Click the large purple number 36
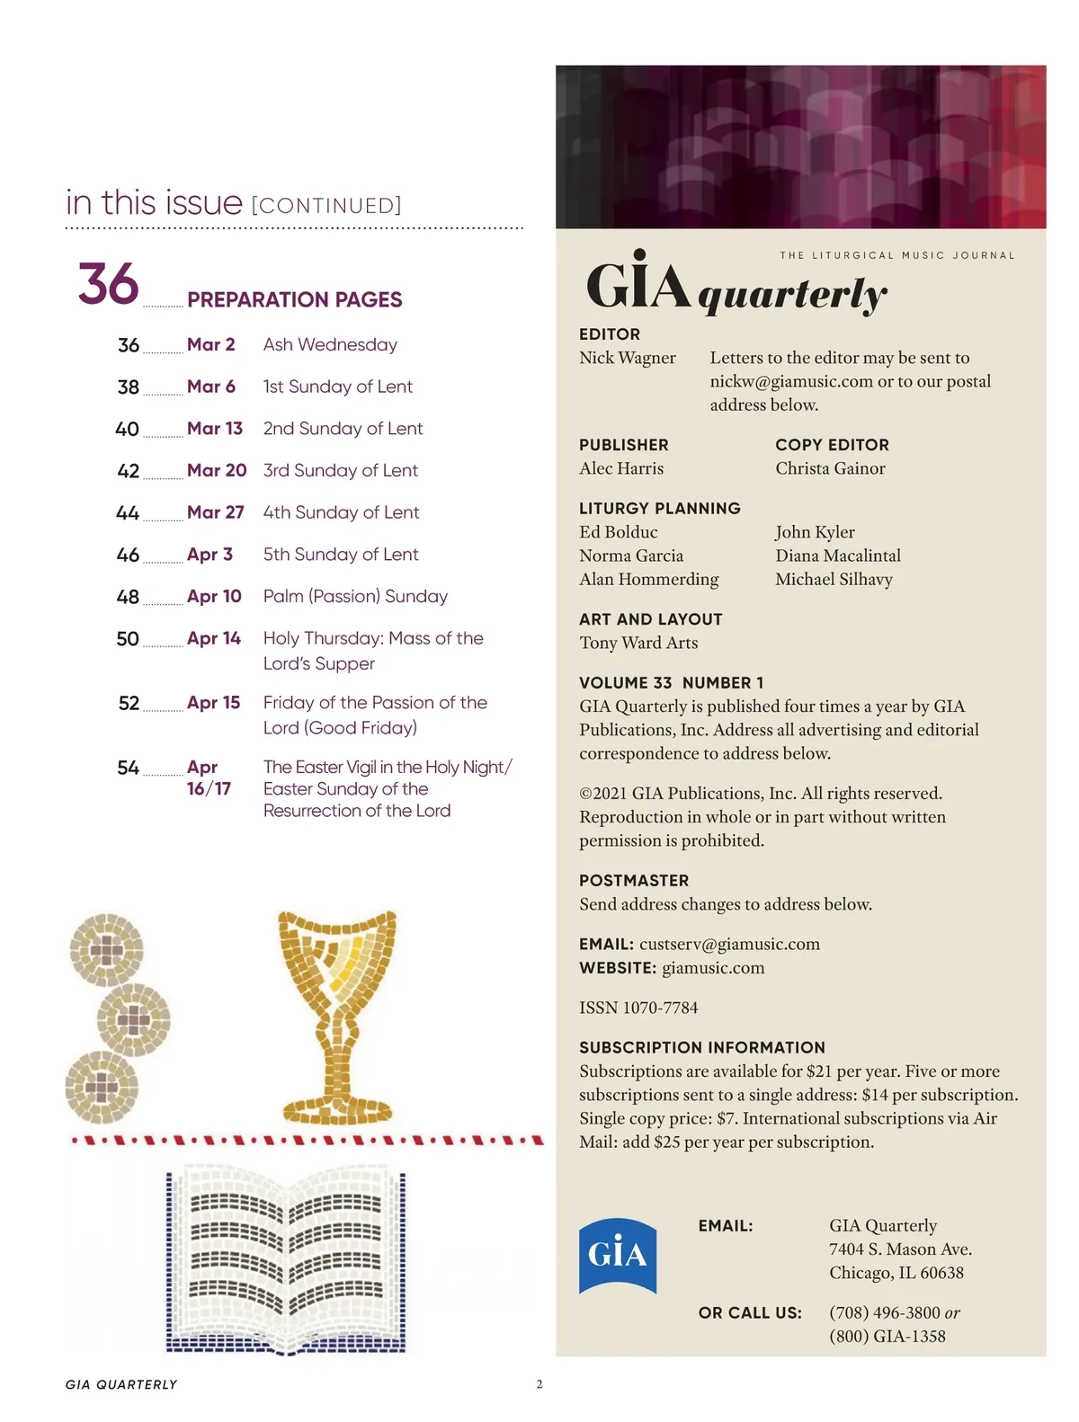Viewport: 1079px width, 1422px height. click(x=108, y=284)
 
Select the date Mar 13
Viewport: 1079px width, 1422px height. click(x=215, y=429)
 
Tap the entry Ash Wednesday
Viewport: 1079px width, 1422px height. click(x=330, y=345)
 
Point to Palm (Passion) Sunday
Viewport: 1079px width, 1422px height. click(x=355, y=597)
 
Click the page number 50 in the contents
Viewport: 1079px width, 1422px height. click(x=128, y=639)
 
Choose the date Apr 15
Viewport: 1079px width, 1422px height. click(x=214, y=703)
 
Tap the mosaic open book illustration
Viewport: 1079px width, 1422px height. click(x=287, y=1258)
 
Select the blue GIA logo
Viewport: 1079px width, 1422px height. click(x=617, y=1255)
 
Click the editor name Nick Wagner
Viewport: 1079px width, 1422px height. click(x=628, y=358)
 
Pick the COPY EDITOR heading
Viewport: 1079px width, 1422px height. click(x=832, y=445)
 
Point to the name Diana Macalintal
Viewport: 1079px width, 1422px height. click(x=838, y=555)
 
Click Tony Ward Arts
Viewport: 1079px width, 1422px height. click(x=638, y=643)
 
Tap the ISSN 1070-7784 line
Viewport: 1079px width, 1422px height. click(x=638, y=1008)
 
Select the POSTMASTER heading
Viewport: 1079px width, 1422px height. click(x=634, y=881)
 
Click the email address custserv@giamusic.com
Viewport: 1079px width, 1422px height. click(x=729, y=945)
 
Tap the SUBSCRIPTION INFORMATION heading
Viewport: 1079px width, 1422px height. click(x=702, y=1048)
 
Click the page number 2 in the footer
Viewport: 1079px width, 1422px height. click(x=539, y=1384)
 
